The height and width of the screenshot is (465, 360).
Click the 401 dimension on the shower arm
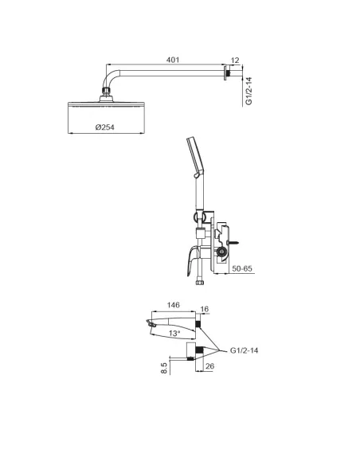point(171,58)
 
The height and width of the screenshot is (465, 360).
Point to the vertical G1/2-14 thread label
point(249,90)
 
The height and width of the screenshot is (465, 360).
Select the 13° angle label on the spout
point(174,333)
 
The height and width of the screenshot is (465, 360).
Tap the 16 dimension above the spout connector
point(204,309)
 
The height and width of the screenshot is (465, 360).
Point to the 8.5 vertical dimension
point(165,368)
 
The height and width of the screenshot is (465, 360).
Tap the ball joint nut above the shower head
point(106,97)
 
